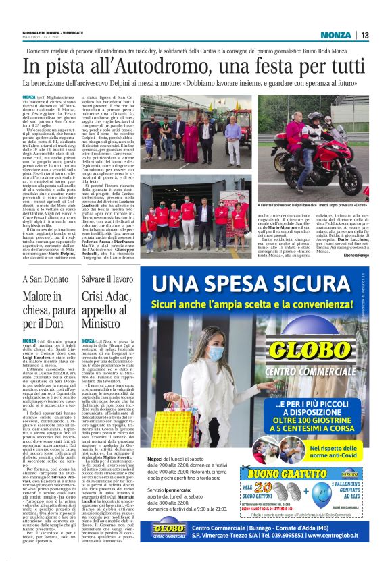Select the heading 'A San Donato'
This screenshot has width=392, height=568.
(x=44, y=260)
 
